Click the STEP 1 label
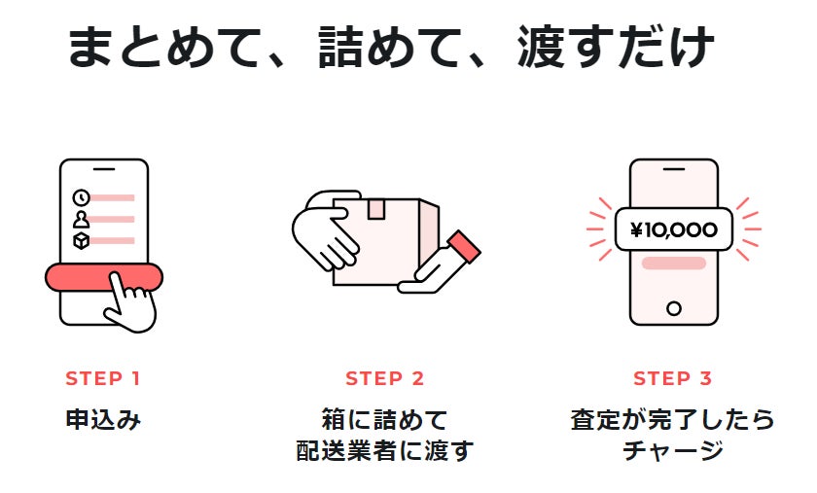[103, 378]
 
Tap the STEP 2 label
[385, 378]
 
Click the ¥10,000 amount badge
[673, 230]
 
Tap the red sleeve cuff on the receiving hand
[465, 246]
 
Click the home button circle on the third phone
[673, 309]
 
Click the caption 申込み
[103, 421]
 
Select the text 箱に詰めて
[385, 420]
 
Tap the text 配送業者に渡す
[385, 452]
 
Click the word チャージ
[673, 452]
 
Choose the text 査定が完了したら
[673, 420]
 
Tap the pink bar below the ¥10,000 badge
[673, 264]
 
